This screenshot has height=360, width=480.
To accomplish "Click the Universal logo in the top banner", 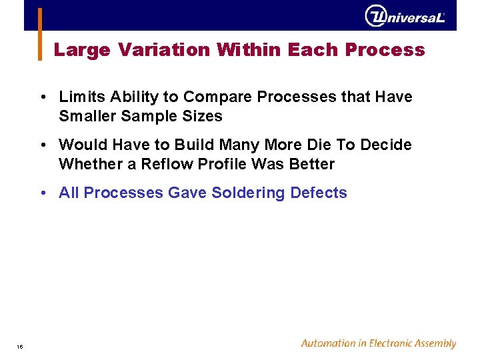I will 404,16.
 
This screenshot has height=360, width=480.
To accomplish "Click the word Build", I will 193,145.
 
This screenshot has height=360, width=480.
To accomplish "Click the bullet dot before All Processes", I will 43,193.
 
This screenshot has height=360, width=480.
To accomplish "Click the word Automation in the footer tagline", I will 329,344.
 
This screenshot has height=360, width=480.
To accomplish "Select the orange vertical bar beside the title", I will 39,34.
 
